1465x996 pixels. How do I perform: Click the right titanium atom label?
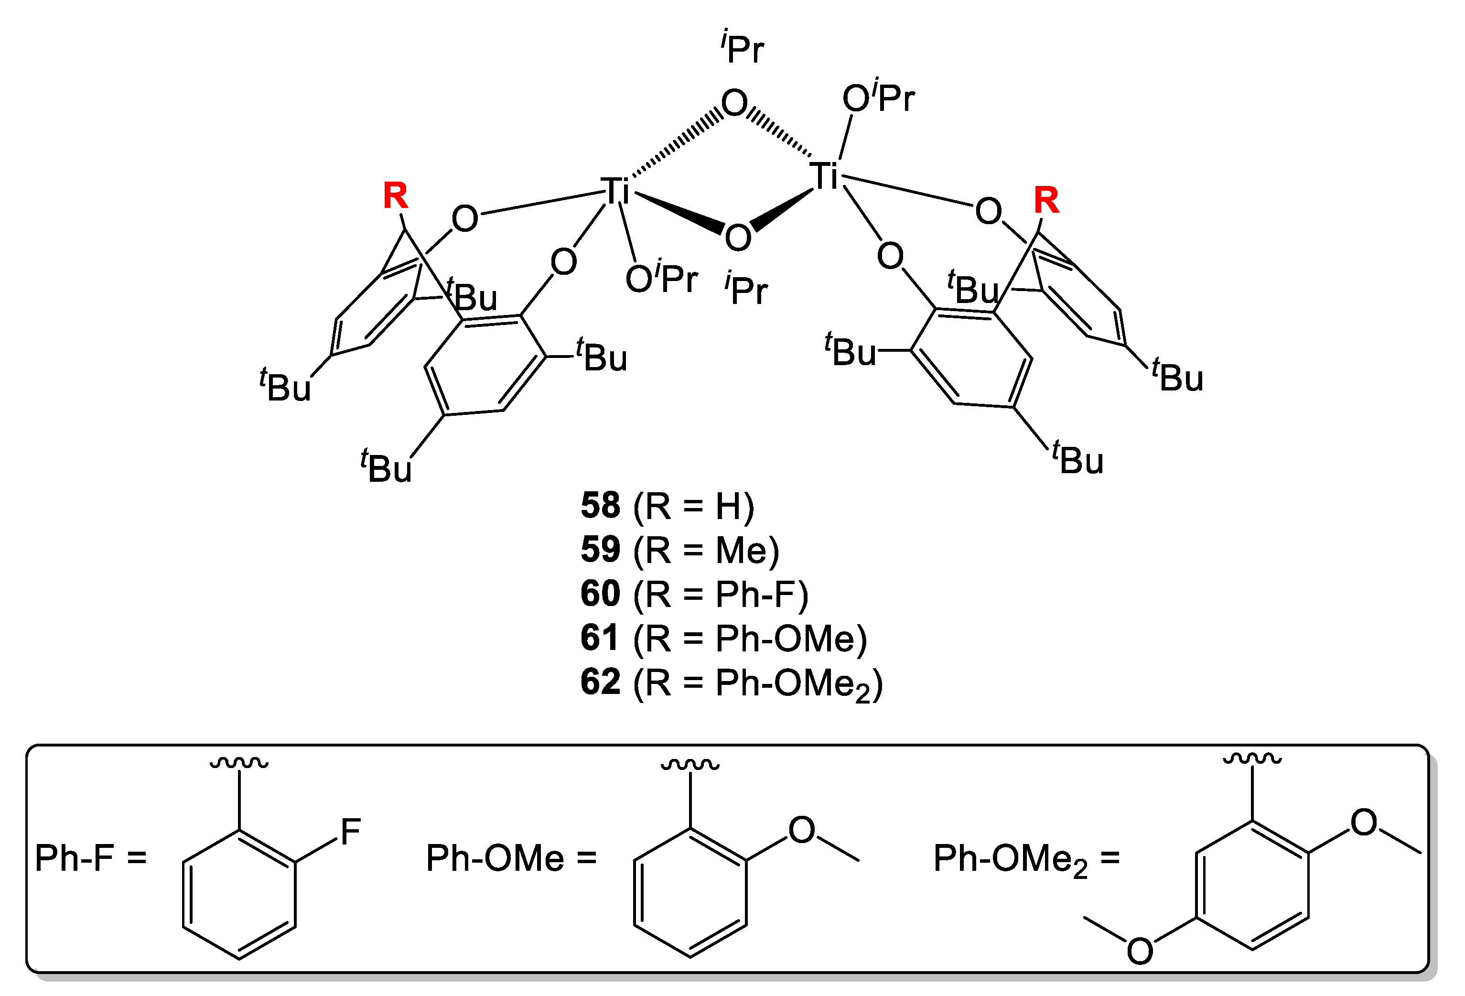click(825, 176)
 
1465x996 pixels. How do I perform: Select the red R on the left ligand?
click(395, 195)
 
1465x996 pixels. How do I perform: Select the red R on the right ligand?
click(1046, 200)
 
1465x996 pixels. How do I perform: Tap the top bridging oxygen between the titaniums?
click(734, 103)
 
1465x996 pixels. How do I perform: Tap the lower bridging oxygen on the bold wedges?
click(738, 238)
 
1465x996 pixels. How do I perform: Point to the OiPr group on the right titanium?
click(878, 97)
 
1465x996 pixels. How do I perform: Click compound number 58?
click(600, 506)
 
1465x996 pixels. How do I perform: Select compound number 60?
click(600, 594)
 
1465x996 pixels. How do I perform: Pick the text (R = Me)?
click(707, 550)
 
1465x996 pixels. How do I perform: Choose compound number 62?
click(600, 682)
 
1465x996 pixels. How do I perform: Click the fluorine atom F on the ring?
click(351, 832)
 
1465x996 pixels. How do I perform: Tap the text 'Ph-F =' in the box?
click(90, 858)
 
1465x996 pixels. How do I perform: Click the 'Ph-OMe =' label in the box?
click(511, 858)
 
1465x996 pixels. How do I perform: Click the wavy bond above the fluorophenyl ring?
click(239, 763)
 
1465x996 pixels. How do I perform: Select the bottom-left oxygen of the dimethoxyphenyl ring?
click(1140, 951)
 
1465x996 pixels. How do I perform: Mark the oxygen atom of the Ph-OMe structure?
click(802, 830)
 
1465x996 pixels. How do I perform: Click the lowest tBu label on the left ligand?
click(387, 467)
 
